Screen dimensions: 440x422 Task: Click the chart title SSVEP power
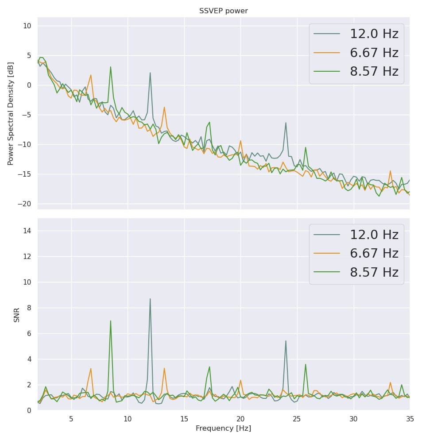tap(223, 11)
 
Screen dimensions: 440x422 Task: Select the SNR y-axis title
tap(17, 315)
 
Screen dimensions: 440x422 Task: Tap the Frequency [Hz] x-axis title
tap(223, 428)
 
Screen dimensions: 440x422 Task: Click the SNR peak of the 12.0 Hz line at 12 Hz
tap(150, 299)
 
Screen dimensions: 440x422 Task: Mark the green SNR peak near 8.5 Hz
tap(111, 320)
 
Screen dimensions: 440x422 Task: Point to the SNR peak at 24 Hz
tap(286, 341)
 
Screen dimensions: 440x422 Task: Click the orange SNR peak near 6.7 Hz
tap(91, 368)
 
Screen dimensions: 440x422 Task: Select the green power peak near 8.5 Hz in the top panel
tap(111, 67)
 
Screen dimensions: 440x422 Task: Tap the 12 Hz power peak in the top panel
tap(150, 73)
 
